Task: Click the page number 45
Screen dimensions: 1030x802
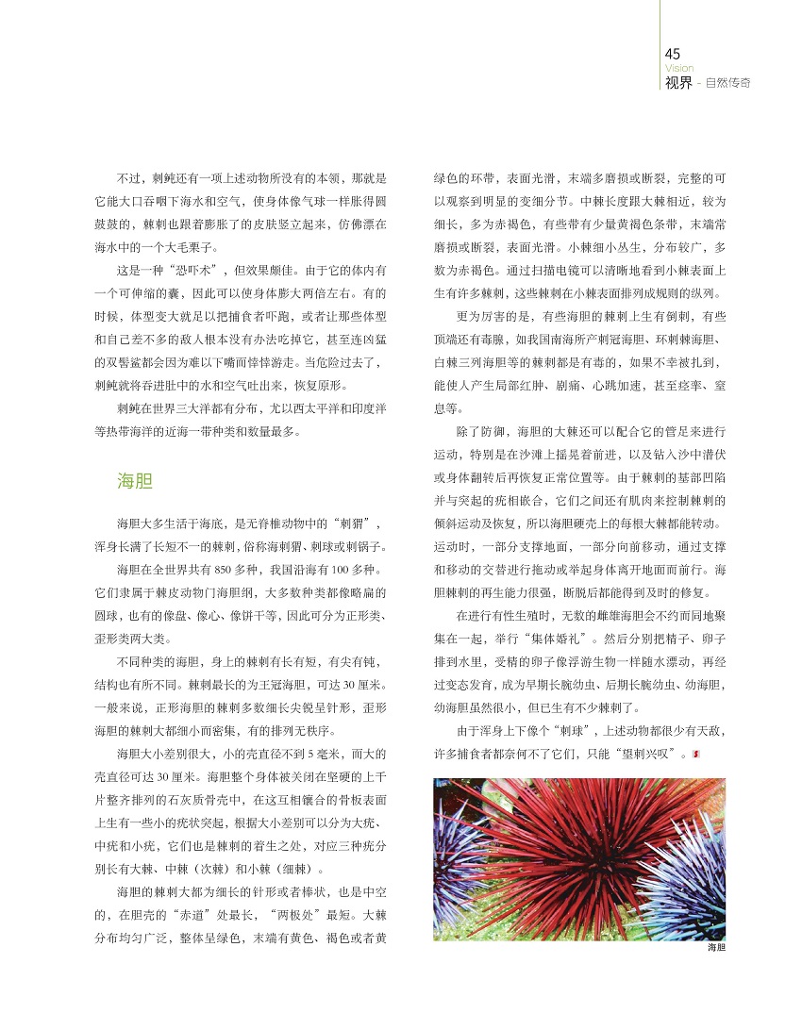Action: pos(673,54)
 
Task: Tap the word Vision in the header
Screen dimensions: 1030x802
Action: pos(678,68)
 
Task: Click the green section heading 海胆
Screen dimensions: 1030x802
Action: pos(134,481)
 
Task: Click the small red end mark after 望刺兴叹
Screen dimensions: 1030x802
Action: pos(695,754)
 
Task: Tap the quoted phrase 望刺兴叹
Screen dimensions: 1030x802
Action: pos(651,754)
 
